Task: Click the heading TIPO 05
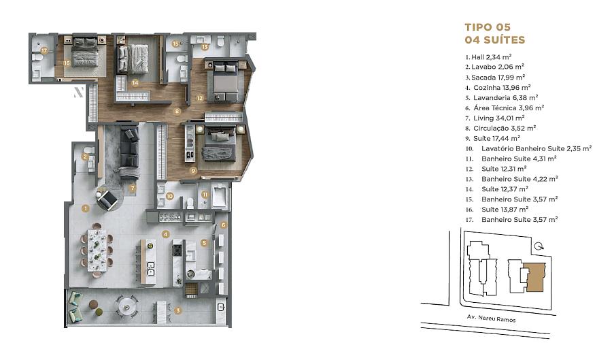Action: [x=488, y=27]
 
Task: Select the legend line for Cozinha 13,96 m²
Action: [x=498, y=88]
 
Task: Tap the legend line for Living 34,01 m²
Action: [x=494, y=118]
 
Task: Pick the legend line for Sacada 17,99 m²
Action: [x=495, y=78]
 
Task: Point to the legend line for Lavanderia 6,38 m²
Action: [x=502, y=97]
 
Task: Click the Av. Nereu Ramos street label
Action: [x=492, y=318]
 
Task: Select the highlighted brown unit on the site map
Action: [x=535, y=277]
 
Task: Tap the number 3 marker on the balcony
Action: [x=178, y=311]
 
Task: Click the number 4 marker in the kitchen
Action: [x=166, y=234]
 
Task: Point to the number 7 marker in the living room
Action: [x=133, y=189]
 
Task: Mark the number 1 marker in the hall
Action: [x=86, y=208]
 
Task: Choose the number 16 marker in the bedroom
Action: [x=67, y=63]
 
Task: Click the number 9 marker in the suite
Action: [x=193, y=170]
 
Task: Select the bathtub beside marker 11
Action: [x=220, y=197]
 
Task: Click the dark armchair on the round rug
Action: [x=107, y=200]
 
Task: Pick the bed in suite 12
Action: [x=225, y=81]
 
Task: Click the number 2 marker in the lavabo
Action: [x=85, y=157]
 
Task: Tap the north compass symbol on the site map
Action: [x=539, y=246]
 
